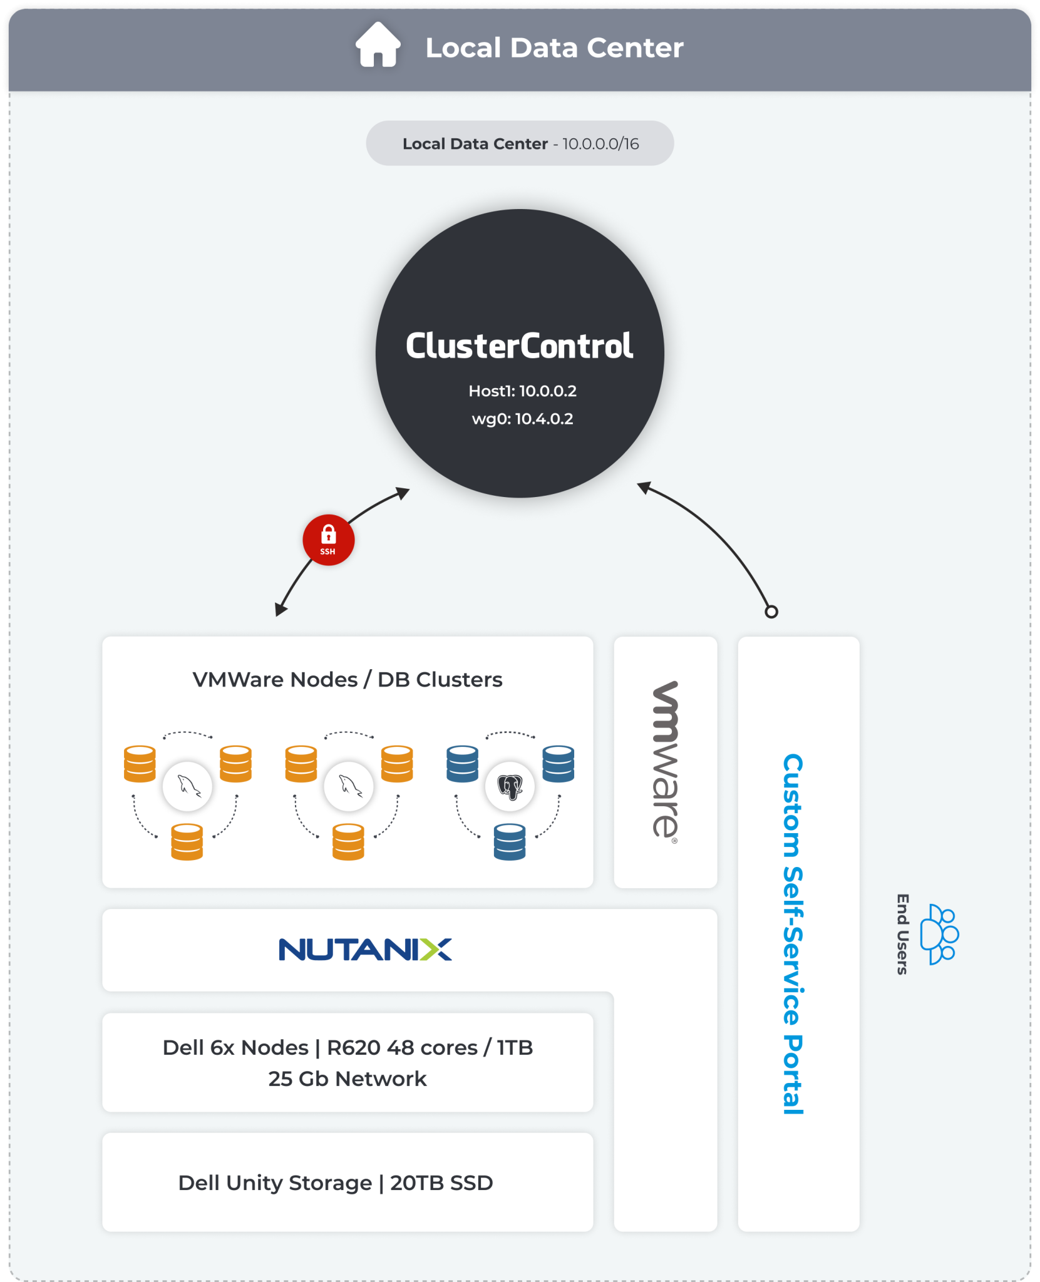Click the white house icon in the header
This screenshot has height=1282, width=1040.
pyautogui.click(x=378, y=45)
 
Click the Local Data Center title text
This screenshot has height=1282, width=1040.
pyautogui.click(x=554, y=48)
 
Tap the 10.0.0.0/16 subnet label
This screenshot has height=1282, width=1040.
pyautogui.click(x=600, y=144)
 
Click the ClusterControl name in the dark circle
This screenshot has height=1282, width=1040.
pyautogui.click(x=519, y=346)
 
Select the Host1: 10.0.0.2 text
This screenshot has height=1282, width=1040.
pyautogui.click(x=522, y=391)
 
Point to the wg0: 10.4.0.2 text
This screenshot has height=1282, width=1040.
pyautogui.click(x=522, y=419)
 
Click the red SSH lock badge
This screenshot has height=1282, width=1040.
pyautogui.click(x=328, y=540)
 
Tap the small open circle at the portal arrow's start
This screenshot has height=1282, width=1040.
pyautogui.click(x=771, y=612)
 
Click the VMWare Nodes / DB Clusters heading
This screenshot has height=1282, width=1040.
pyautogui.click(x=347, y=680)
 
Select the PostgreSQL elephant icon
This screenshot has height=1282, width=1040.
pyautogui.click(x=510, y=787)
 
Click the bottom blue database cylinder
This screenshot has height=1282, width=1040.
pyautogui.click(x=510, y=842)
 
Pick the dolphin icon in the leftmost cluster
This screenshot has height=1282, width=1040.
pyautogui.click(x=187, y=786)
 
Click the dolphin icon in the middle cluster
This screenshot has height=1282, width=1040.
pyautogui.click(x=349, y=786)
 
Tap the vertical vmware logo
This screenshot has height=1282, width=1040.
pyautogui.click(x=665, y=761)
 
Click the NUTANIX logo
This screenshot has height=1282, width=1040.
pyautogui.click(x=365, y=950)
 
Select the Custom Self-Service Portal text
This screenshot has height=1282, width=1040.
pyautogui.click(x=793, y=933)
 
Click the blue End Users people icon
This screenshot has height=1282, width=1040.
pyautogui.click(x=939, y=934)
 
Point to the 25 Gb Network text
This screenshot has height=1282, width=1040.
pyautogui.click(x=347, y=1079)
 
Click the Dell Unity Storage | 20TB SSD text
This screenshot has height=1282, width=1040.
pyautogui.click(x=336, y=1183)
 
